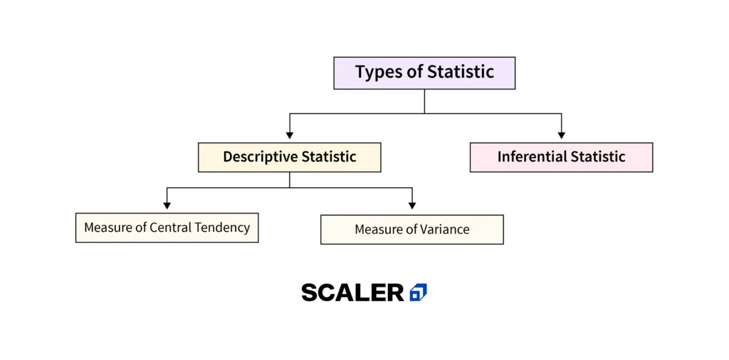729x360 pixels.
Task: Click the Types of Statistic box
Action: pyautogui.click(x=424, y=73)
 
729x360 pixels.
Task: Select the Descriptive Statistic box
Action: pyautogui.click(x=289, y=157)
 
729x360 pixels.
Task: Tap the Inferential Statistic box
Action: pyautogui.click(x=561, y=157)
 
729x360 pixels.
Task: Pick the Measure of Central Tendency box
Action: pyautogui.click(x=167, y=228)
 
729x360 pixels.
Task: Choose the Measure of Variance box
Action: pyautogui.click(x=412, y=230)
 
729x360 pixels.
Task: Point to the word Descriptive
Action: pyautogui.click(x=261, y=157)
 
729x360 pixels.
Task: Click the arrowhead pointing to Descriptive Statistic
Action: pyautogui.click(x=289, y=135)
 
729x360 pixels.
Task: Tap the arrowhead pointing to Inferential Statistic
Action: pyautogui.click(x=561, y=135)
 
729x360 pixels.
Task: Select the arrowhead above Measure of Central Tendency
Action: pyautogui.click(x=167, y=206)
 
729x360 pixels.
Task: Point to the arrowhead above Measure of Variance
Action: pyautogui.click(x=412, y=206)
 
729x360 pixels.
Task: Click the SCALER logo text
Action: pyautogui.click(x=353, y=292)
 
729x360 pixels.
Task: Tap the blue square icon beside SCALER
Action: pyautogui.click(x=419, y=292)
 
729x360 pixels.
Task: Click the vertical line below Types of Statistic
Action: pyautogui.click(x=424, y=101)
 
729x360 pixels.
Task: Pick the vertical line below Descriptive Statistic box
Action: pyautogui.click(x=289, y=180)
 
